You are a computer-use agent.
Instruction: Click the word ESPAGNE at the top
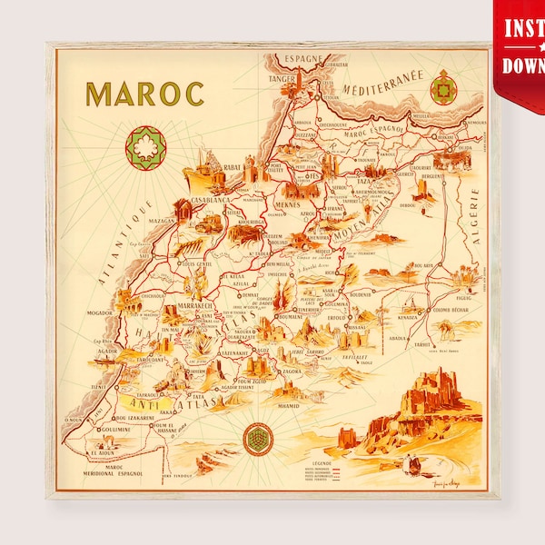[x=302, y=59]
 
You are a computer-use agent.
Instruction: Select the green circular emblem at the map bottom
[x=258, y=440]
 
